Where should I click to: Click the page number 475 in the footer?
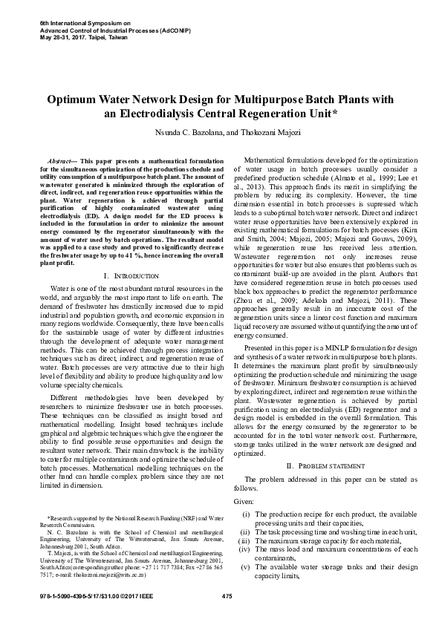pyautogui.click(x=227, y=597)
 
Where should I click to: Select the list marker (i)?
pyautogui.click(x=246, y=514)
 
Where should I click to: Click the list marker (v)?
pyautogui.click(x=245, y=566)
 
